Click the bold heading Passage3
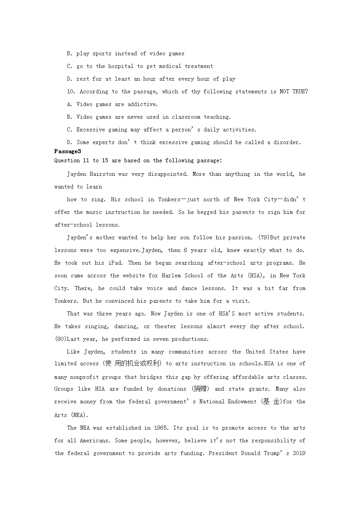pos(67,151)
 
